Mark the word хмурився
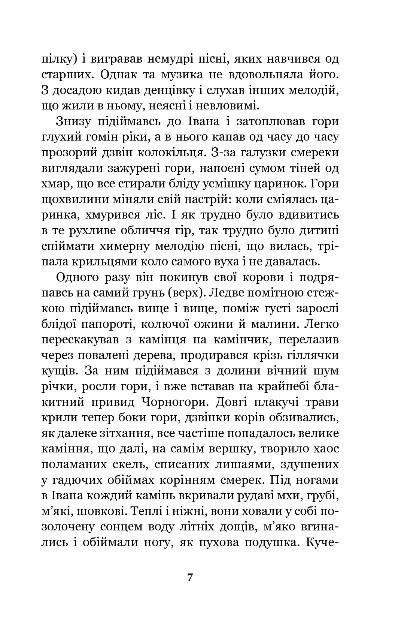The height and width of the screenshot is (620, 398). (116, 215)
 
